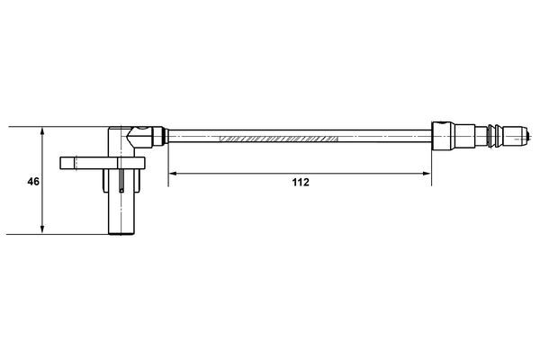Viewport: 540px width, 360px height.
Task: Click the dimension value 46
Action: point(33,182)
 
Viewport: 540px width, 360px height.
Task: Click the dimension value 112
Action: point(300,182)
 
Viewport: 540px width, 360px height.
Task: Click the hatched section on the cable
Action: point(279,139)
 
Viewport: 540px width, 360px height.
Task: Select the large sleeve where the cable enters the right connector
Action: point(447,138)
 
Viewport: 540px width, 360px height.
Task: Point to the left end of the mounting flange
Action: point(63,163)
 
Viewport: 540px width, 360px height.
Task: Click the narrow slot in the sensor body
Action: point(121,180)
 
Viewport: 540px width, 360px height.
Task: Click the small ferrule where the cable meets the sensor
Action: point(158,138)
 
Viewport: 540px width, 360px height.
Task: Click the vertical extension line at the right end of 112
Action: point(431,162)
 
